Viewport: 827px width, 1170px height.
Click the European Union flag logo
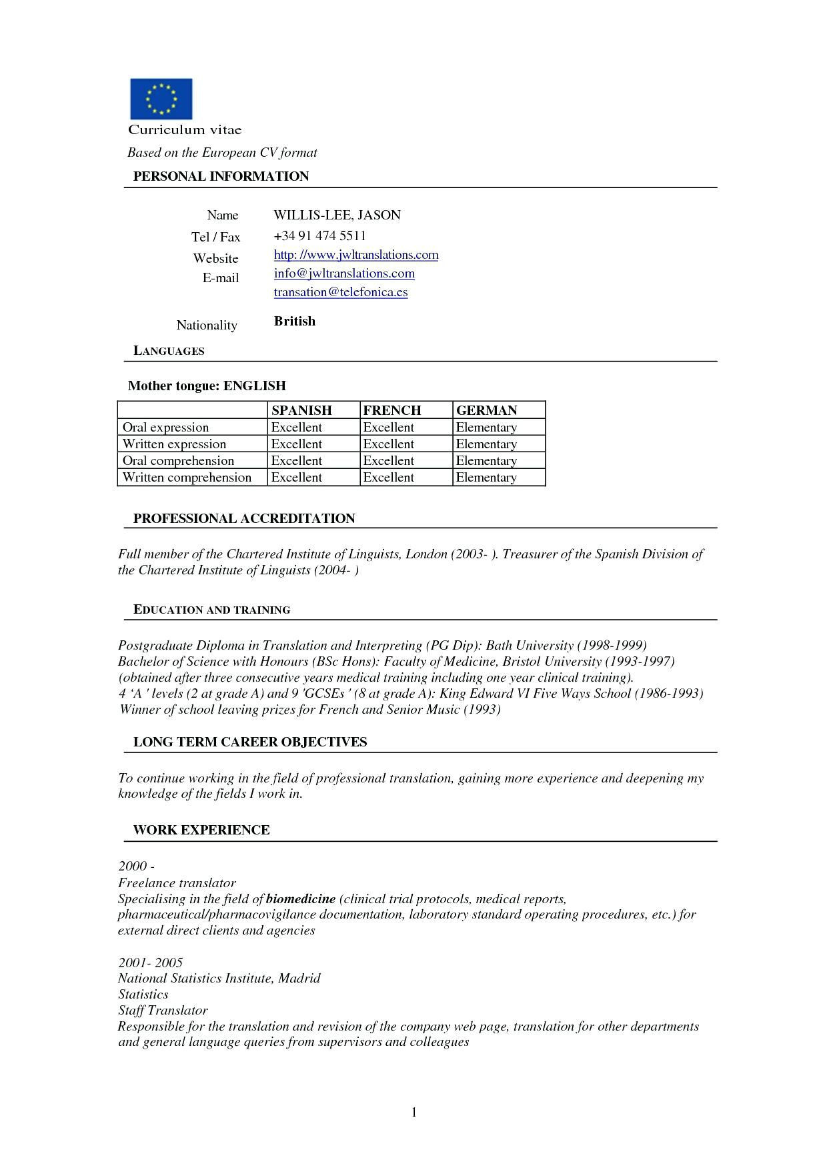pyautogui.click(x=161, y=99)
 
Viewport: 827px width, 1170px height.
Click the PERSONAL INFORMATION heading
pyautogui.click(x=221, y=176)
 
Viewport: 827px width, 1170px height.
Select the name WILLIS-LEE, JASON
pyautogui.click(x=337, y=215)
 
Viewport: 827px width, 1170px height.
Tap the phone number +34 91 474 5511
pyautogui.click(x=319, y=235)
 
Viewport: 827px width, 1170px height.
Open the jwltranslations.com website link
pyautogui.click(x=356, y=255)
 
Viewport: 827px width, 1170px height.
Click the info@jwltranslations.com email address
pyautogui.click(x=344, y=273)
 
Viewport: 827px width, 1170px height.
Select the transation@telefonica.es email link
pyautogui.click(x=340, y=292)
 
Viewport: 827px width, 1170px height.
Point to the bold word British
pyautogui.click(x=294, y=321)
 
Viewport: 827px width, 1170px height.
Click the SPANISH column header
pyautogui.click(x=301, y=410)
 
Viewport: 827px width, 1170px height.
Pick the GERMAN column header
pyautogui.click(x=486, y=410)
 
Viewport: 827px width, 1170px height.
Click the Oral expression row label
pyautogui.click(x=165, y=427)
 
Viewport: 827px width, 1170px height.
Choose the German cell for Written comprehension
pyautogui.click(x=486, y=477)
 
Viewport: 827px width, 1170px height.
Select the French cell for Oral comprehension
pyautogui.click(x=388, y=460)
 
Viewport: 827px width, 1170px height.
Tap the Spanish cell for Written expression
pyautogui.click(x=296, y=444)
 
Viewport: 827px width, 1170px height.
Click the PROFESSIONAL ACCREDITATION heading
pyautogui.click(x=244, y=518)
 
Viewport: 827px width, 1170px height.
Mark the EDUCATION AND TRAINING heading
pyautogui.click(x=211, y=610)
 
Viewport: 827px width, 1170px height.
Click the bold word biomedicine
pyautogui.click(x=300, y=899)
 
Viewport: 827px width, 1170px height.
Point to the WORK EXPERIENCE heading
pyautogui.click(x=201, y=830)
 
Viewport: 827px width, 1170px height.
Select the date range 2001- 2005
pyautogui.click(x=150, y=963)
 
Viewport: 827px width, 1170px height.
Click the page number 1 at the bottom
pyautogui.click(x=414, y=1111)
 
